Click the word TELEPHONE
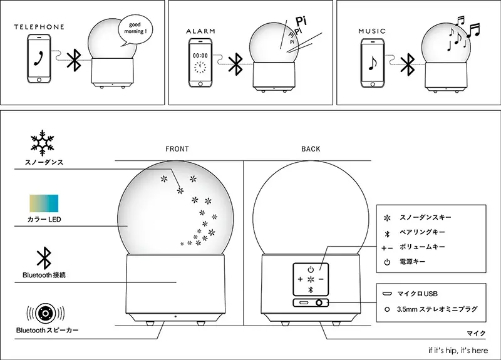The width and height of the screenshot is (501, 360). coord(39,27)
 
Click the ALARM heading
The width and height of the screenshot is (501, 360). coord(200,31)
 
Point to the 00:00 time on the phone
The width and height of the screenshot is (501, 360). coord(200,54)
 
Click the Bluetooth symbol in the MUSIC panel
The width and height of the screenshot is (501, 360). coord(408,63)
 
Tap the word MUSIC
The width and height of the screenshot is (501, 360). coord(372,31)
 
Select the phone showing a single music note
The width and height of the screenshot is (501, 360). coord(373,63)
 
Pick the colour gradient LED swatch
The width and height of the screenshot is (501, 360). coord(43,204)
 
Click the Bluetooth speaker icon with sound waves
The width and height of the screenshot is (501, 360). coord(43,312)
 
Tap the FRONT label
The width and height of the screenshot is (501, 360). coord(177,149)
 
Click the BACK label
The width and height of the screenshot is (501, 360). coord(311,149)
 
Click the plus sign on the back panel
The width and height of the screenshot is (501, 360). coord(300,279)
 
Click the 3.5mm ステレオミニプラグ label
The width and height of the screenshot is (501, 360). coord(432,309)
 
